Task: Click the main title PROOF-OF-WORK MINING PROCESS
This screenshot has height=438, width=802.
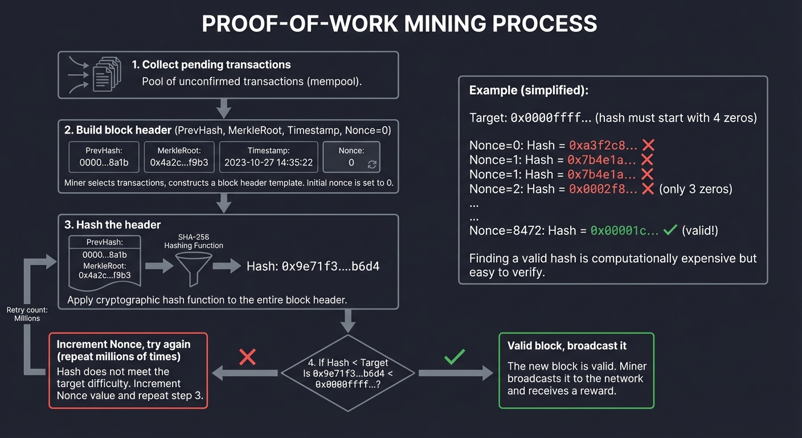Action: coord(400,24)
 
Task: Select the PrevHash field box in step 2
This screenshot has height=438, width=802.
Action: coord(104,157)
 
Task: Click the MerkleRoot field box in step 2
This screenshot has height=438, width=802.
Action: coord(179,157)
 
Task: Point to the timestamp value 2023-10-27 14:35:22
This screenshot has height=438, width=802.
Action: coord(268,163)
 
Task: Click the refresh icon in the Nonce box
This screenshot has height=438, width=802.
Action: coord(373,164)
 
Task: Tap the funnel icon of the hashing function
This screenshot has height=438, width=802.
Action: coord(194,268)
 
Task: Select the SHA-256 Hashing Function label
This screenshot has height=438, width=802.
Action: coord(194,241)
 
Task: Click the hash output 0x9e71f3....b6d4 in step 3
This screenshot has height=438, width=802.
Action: coord(313,266)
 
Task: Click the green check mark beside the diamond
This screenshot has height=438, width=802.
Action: coord(454,357)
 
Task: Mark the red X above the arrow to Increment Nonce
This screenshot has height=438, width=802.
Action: coord(247,357)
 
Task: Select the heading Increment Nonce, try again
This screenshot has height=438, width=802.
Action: coord(124,344)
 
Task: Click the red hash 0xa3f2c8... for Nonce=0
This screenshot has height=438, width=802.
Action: coord(603,145)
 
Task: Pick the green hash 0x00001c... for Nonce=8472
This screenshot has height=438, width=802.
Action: coord(624,230)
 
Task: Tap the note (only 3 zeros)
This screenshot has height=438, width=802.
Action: coord(695,189)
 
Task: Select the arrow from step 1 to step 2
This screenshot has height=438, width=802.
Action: coord(224,108)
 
